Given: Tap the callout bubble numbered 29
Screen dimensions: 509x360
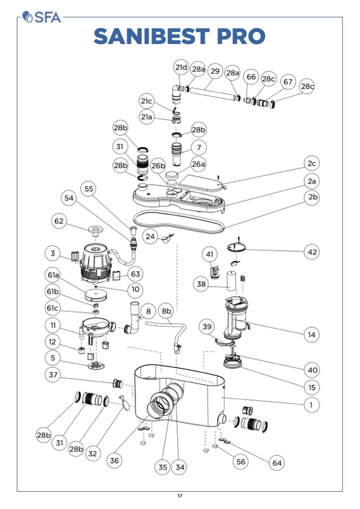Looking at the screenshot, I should point(215,70).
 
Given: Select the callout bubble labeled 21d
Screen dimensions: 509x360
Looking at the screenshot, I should point(182,67).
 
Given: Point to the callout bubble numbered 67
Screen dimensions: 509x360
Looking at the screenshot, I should point(288,82).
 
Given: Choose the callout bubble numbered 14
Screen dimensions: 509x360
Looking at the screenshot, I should point(312,334).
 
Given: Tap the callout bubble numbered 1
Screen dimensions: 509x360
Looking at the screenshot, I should point(312,405).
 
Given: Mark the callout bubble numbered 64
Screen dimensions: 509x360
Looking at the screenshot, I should point(277,463).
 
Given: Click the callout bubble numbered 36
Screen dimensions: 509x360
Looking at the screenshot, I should point(115,460).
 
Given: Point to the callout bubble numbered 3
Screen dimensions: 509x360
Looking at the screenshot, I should point(53,254).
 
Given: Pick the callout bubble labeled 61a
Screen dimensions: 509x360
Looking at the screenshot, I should point(52,275).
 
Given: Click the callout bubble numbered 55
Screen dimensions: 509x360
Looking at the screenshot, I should point(89,188).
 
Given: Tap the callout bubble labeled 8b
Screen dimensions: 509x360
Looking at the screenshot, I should point(166,310).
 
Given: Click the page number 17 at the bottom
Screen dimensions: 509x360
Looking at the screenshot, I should point(180,496).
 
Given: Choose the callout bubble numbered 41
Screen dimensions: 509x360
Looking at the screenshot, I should point(210,255).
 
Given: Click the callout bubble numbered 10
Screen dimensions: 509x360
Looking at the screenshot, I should point(135,290).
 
